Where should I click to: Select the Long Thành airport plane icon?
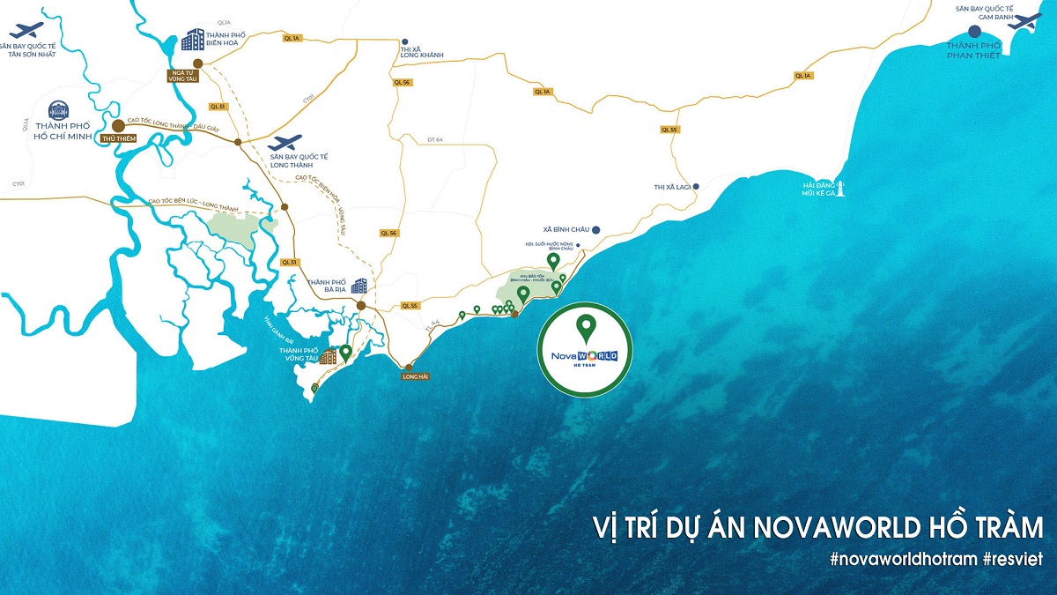284,142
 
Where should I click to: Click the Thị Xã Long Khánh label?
421,50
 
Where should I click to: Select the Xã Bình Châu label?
566,229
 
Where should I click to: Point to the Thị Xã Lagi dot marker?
696,186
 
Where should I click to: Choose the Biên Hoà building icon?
192,39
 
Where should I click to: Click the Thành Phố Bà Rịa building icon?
359,285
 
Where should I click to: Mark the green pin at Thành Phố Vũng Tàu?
346,353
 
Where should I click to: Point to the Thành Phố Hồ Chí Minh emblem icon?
58,109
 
